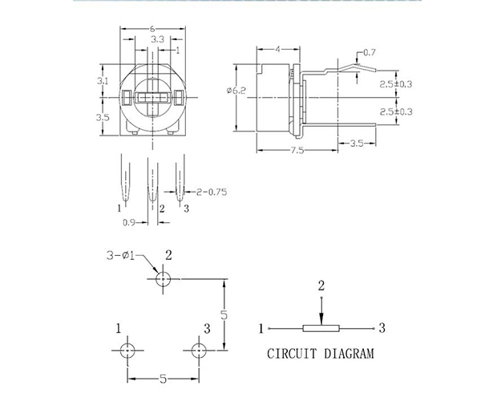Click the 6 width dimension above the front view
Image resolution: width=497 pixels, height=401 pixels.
(x=152, y=29)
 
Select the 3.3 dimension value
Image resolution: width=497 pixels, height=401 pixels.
(x=158, y=39)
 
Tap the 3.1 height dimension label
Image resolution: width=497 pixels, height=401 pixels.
(x=103, y=81)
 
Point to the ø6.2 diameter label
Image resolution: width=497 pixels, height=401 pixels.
(x=236, y=91)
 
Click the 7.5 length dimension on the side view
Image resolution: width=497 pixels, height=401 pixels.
(x=297, y=150)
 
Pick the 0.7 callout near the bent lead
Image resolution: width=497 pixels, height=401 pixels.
(x=369, y=52)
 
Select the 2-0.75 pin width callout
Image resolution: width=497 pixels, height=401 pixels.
(x=212, y=192)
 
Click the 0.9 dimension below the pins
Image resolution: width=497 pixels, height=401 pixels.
(x=129, y=222)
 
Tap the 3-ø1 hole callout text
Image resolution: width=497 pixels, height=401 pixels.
(x=120, y=255)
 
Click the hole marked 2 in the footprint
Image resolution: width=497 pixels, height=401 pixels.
(x=163, y=279)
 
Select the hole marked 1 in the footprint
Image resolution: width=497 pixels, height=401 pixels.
(x=127, y=350)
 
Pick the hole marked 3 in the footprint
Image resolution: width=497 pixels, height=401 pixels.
(x=199, y=350)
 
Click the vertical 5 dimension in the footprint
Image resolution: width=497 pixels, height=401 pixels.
(x=224, y=314)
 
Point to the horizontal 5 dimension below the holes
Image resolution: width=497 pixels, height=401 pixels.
(x=163, y=379)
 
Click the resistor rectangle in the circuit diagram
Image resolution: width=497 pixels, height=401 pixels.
(x=321, y=328)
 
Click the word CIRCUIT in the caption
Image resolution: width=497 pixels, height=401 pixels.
(x=292, y=354)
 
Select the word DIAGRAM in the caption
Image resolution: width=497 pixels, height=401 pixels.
(x=350, y=354)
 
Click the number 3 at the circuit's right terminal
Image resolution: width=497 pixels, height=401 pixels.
(x=382, y=328)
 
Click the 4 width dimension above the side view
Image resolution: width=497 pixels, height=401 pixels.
(x=278, y=49)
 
